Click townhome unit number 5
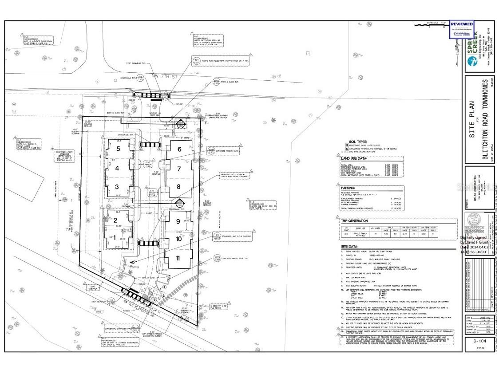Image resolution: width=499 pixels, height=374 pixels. (118, 149)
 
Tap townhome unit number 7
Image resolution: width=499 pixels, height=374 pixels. (179, 169)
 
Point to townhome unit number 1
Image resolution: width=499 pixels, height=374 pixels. (115, 238)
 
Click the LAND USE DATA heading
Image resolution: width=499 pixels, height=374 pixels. (353, 158)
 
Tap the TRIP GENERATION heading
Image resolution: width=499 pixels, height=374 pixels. (354, 221)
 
